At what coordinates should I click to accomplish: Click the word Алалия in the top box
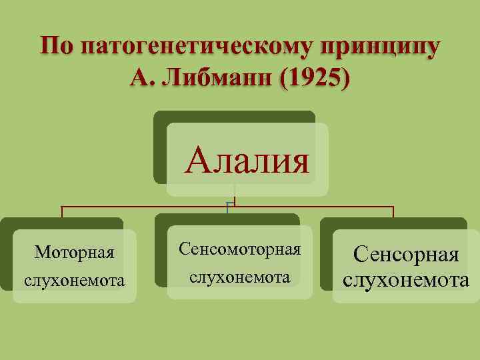click(248, 160)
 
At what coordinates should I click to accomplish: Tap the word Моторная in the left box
click(75, 253)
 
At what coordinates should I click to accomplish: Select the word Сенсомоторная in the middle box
click(240, 249)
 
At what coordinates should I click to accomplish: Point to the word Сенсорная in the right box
click(406, 254)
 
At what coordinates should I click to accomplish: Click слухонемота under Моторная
click(75, 281)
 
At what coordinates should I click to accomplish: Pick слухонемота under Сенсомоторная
click(240, 276)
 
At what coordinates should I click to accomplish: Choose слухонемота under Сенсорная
click(406, 279)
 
